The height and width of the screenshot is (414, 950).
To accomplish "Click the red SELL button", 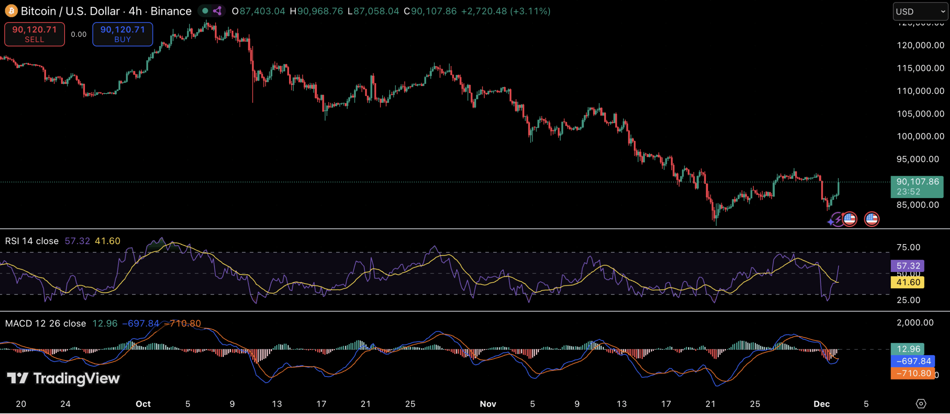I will (x=35, y=34).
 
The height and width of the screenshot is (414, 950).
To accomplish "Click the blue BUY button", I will (x=122, y=34).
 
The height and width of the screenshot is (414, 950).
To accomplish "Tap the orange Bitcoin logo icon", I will (x=11, y=11).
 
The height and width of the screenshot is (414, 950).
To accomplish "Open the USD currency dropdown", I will (x=920, y=11).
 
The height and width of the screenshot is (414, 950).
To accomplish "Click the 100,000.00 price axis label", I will (x=920, y=136).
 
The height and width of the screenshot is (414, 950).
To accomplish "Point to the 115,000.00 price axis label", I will (x=920, y=68).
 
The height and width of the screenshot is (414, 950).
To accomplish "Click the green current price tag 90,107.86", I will (x=917, y=186).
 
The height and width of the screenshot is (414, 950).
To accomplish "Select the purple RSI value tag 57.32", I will (x=908, y=266).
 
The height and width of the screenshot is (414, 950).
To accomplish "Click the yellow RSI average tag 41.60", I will (x=908, y=282).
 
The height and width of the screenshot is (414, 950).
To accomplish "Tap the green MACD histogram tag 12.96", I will (x=908, y=349).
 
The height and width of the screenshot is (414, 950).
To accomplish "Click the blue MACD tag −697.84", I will (x=913, y=361).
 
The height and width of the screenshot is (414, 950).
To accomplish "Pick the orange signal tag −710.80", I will (x=913, y=373).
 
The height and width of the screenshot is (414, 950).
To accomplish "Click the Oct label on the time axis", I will (x=143, y=404).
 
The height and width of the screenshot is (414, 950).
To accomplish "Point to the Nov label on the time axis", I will (x=488, y=404).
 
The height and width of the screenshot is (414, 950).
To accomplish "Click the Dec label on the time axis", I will (x=822, y=404).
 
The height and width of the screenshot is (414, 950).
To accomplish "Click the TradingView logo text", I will (x=76, y=378).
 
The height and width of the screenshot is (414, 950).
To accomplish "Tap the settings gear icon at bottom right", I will (x=921, y=404).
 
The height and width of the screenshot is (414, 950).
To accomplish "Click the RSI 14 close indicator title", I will (x=32, y=241).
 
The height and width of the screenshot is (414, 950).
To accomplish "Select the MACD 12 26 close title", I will (x=45, y=323).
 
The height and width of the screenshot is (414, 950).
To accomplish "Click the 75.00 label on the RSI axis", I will (x=908, y=247).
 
